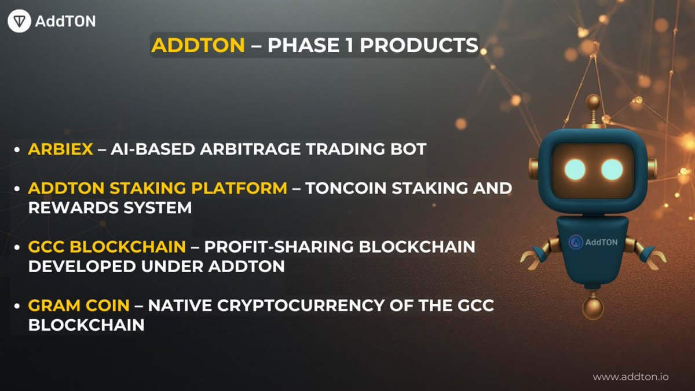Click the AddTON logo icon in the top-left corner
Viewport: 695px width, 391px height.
point(19,21)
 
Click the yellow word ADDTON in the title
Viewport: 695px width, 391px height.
point(198,45)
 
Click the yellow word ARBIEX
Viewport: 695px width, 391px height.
point(60,149)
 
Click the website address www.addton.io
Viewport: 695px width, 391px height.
point(631,377)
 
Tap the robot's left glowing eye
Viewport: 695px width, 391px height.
point(575,169)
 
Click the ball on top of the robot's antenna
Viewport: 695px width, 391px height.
point(593,101)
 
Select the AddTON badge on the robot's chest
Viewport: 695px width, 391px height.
point(592,242)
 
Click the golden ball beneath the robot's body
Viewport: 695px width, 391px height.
point(592,305)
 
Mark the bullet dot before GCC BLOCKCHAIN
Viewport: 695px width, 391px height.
point(18,247)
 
